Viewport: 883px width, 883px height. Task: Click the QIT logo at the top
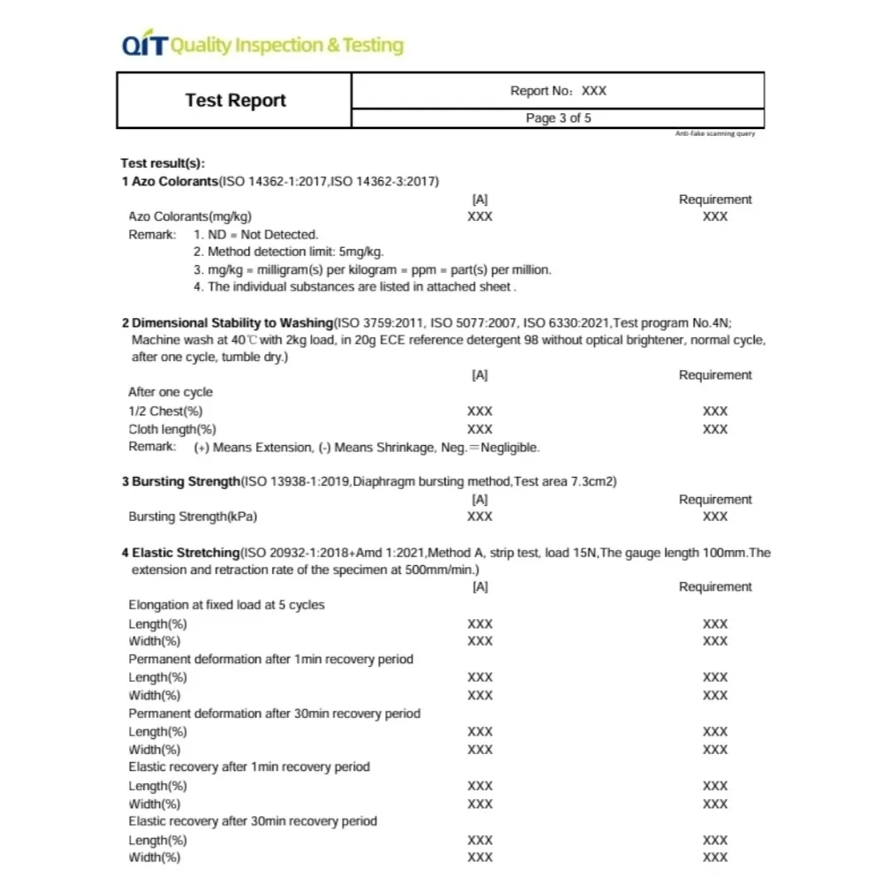click(x=144, y=46)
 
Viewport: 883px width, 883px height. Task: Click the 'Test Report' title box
click(x=235, y=101)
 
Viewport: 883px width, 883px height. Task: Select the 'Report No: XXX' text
click(x=558, y=91)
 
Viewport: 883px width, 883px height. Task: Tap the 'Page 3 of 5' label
click(x=558, y=118)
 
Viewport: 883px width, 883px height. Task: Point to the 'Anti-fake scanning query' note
click(x=714, y=133)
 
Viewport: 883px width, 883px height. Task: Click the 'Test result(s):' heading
click(x=162, y=163)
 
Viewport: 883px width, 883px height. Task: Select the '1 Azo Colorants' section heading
click(x=170, y=182)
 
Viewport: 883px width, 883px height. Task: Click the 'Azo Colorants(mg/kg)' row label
click(x=183, y=216)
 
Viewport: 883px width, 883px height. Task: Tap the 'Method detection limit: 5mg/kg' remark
click(x=289, y=252)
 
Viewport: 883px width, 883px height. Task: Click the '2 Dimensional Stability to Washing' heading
click(x=227, y=323)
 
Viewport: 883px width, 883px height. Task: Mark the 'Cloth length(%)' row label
click(x=172, y=429)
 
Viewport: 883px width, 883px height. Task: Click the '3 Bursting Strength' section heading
click(x=181, y=482)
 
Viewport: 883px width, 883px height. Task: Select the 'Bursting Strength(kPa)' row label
click(x=192, y=517)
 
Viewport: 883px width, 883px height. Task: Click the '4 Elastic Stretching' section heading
click(x=181, y=554)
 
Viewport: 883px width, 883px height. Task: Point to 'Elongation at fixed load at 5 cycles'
click(x=226, y=606)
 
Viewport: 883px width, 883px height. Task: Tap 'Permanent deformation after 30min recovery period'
click(x=274, y=713)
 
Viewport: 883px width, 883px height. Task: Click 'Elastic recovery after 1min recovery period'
click(x=249, y=767)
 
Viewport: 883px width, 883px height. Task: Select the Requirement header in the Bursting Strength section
click(x=715, y=500)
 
